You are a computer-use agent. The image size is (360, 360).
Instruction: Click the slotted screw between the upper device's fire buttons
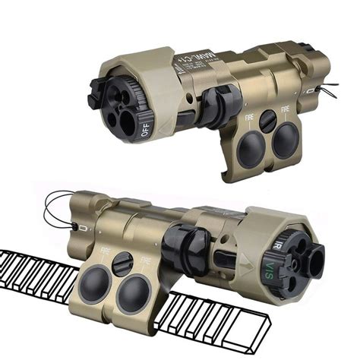(267, 121)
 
